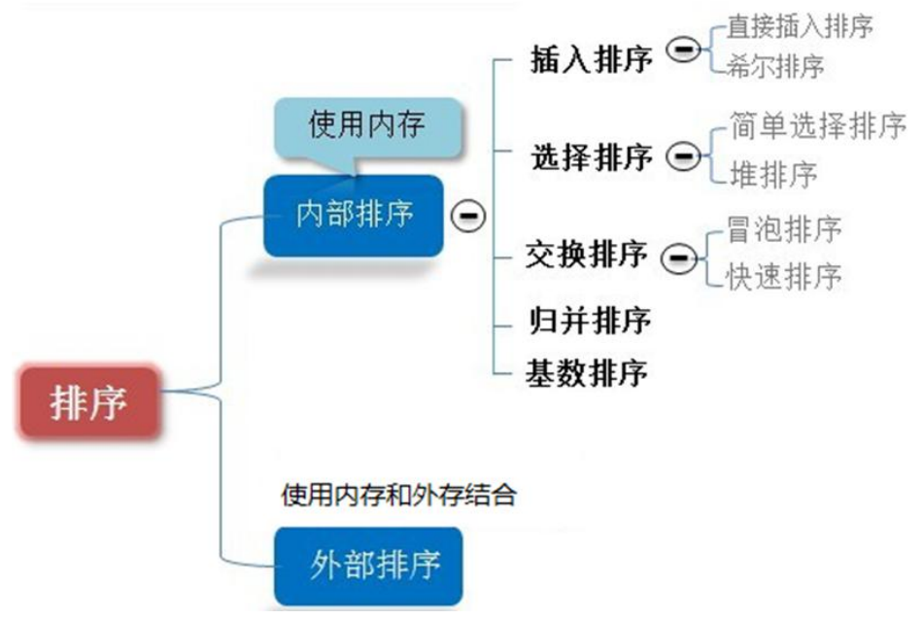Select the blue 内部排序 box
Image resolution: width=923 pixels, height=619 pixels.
click(x=354, y=215)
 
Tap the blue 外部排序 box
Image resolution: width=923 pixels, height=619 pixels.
click(x=368, y=563)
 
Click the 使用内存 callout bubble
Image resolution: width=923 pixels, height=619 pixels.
click(x=366, y=125)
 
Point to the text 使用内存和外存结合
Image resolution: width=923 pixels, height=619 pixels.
click(x=397, y=496)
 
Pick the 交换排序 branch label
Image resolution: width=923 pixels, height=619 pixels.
click(x=586, y=255)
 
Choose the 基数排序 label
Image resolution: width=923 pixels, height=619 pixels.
click(x=586, y=371)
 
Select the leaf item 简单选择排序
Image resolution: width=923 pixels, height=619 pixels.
click(x=817, y=126)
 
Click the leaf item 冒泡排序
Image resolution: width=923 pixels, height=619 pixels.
click(x=783, y=229)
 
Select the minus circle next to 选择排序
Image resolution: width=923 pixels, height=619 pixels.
click(x=685, y=155)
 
